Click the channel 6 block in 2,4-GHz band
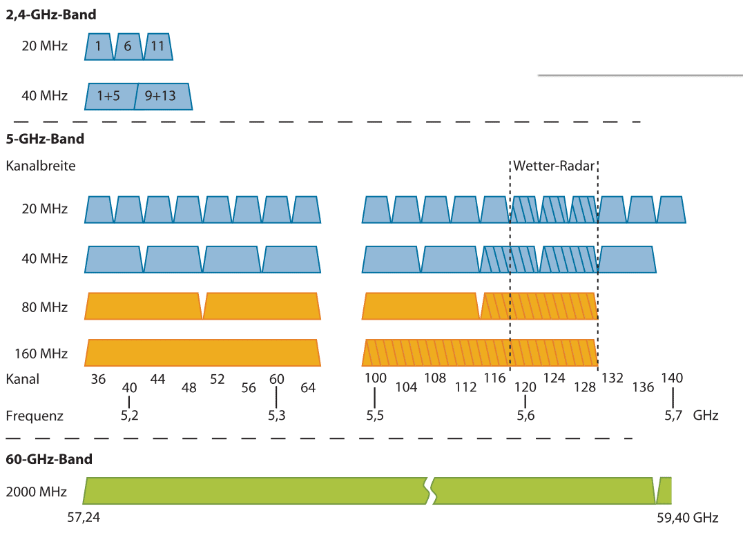128,46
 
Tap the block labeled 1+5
108,96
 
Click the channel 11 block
157,46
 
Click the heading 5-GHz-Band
45,139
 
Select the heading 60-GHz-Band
49,459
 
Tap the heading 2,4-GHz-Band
51,14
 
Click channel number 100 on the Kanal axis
376,378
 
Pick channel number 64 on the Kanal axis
308,387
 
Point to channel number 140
672,378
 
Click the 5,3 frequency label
278,416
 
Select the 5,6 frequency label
525,416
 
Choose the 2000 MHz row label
36,492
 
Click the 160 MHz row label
41,353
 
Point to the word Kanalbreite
41,166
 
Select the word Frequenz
35,416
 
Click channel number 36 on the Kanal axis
99,378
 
